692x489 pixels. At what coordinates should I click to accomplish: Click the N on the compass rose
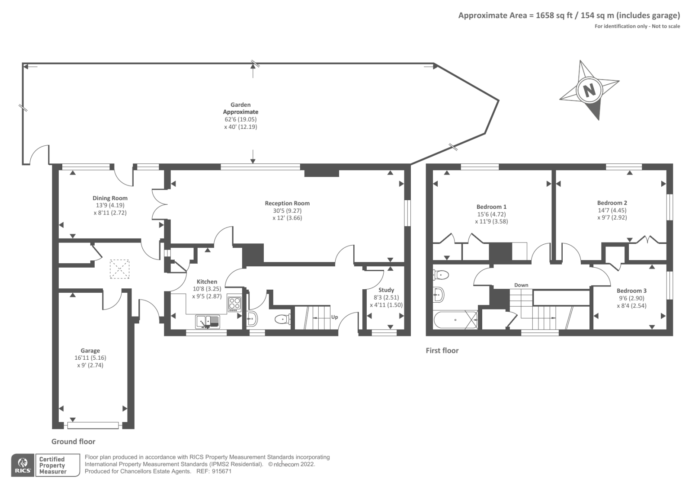point(589,91)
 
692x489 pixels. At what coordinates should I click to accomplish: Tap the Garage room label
point(90,351)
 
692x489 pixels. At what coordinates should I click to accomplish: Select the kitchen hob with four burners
point(234,304)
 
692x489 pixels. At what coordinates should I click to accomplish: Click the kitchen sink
point(208,322)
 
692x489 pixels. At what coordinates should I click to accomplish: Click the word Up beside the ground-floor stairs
point(334,317)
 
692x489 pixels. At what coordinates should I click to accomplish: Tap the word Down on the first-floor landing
point(521,285)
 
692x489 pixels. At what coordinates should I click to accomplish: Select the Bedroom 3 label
point(631,291)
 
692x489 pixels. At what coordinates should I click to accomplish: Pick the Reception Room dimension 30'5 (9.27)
point(287,211)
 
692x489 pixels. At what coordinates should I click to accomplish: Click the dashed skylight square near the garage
point(119,269)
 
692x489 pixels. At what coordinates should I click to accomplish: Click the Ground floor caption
point(73,441)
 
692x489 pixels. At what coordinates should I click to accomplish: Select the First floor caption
point(442,351)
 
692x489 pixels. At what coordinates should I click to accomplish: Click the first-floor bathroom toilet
point(441,274)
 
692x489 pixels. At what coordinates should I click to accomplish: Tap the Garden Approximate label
point(240,108)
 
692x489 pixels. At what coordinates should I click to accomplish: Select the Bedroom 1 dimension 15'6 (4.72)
point(491,214)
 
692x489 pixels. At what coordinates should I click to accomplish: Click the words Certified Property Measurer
point(53,465)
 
